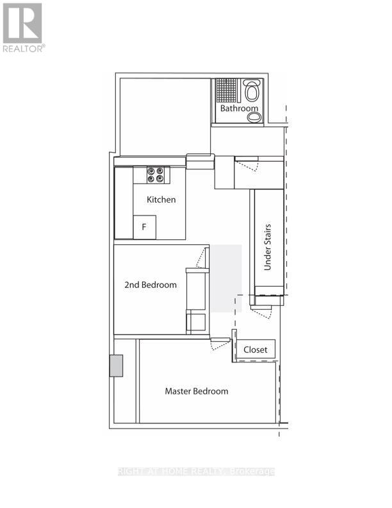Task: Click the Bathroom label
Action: coord(240,108)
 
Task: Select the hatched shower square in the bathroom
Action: coord(225,90)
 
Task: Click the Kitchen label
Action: coord(161,199)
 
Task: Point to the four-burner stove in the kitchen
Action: coord(156,174)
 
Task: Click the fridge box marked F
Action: coord(144,227)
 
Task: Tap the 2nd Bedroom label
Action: coord(151,285)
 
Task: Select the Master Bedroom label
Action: coord(196,391)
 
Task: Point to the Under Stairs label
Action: coord(268,247)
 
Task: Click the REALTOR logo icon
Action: coord(22,23)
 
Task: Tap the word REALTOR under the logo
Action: coord(24,48)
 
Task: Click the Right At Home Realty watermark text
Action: coord(197,471)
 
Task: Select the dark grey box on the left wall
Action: coord(116,366)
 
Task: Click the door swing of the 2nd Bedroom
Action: coord(202,258)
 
